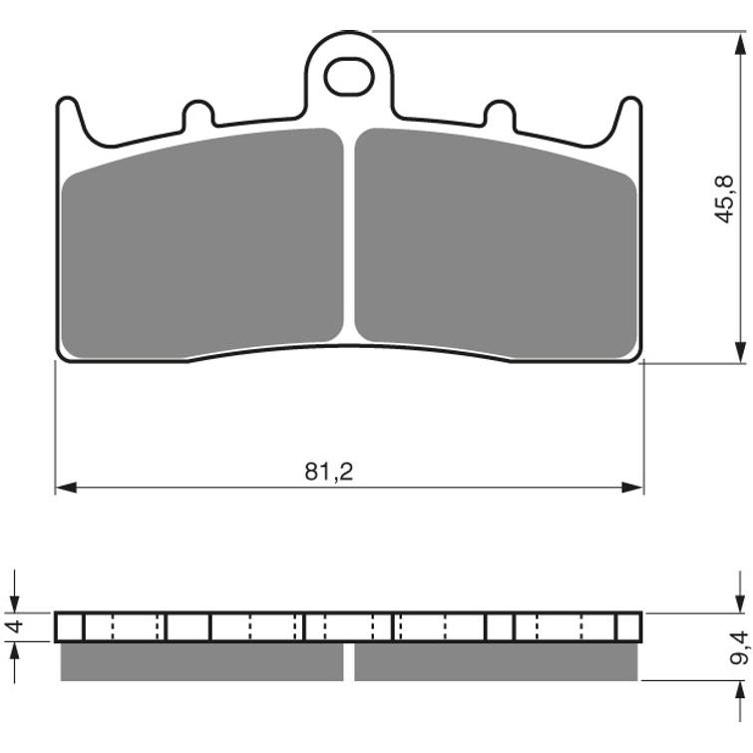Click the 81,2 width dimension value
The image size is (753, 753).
tap(328, 472)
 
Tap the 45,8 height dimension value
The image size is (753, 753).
tap(724, 198)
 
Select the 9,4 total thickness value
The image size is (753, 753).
tap(739, 648)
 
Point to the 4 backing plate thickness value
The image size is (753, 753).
tap(15, 626)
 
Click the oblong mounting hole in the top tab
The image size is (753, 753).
tap(349, 77)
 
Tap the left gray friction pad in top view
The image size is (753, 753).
tap(202, 243)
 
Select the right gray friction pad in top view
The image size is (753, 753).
tap(496, 243)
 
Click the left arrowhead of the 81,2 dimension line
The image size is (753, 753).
tap(66, 488)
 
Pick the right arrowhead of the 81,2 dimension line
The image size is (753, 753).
tap(632, 488)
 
